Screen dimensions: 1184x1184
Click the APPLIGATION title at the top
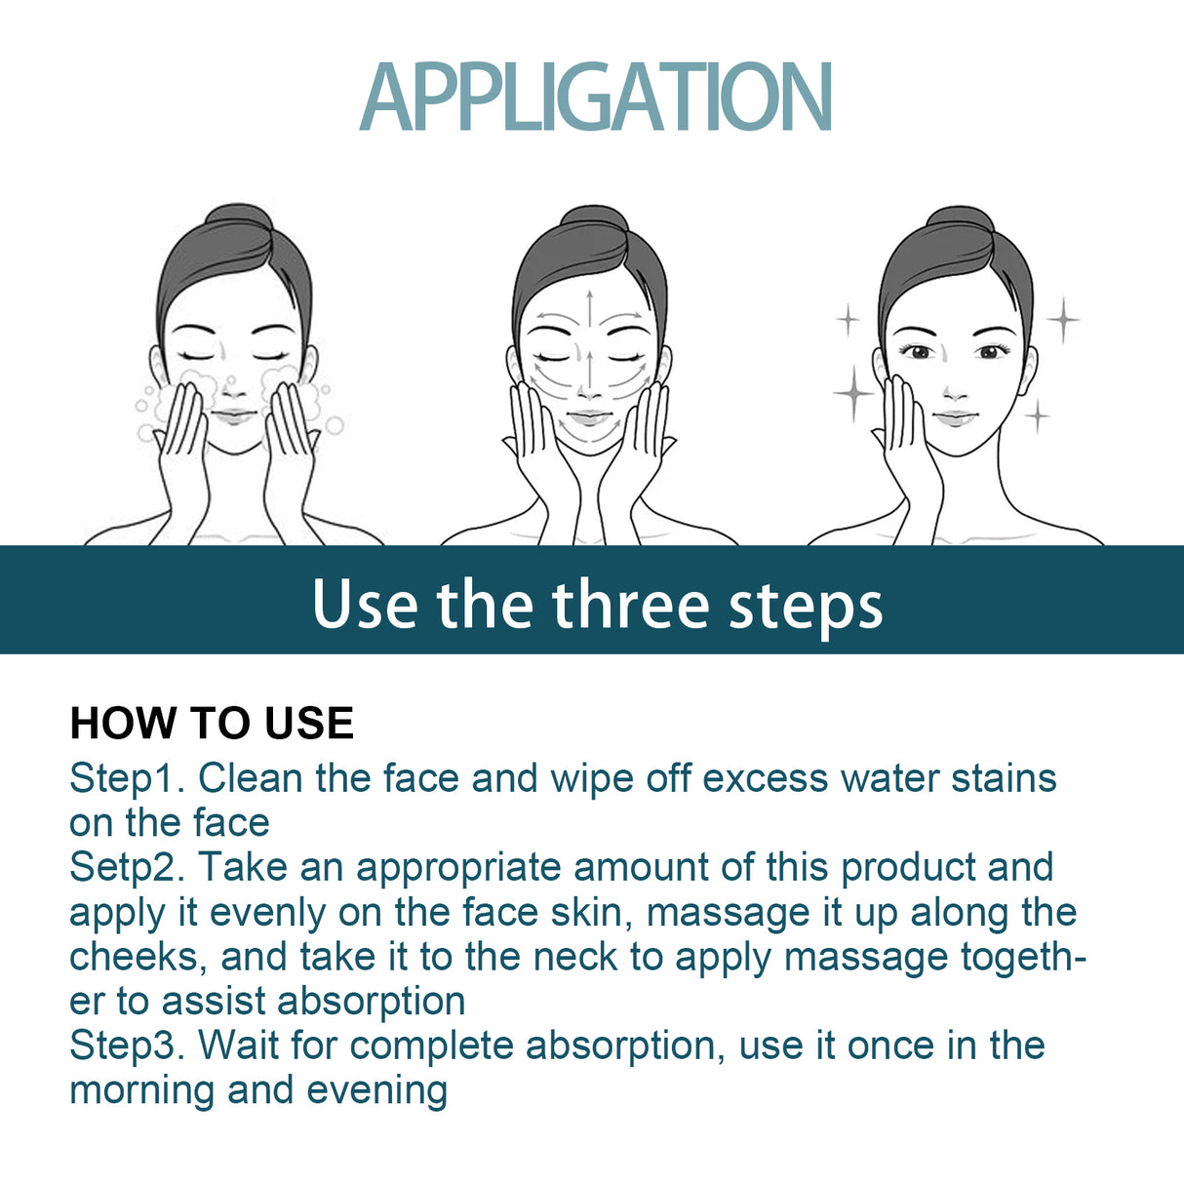tap(595, 97)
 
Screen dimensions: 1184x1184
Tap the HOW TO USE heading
tap(212, 724)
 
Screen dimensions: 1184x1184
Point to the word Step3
tap(126, 1046)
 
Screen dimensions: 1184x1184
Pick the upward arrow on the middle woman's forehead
tap(589, 307)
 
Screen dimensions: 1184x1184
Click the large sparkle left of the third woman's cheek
tap(853, 393)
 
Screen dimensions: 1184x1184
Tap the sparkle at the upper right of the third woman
tap(1063, 319)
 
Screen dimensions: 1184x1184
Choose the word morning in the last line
tap(142, 1090)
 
